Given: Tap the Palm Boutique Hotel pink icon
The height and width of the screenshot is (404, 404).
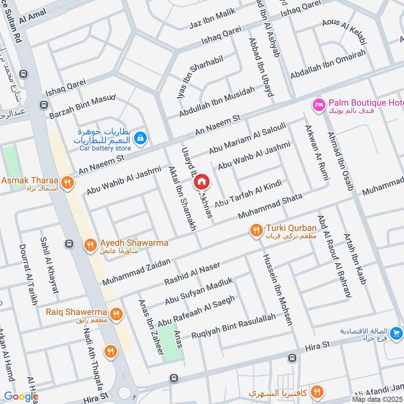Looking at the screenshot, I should click(x=319, y=105).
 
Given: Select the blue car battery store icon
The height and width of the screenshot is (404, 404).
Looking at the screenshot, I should click(x=141, y=137).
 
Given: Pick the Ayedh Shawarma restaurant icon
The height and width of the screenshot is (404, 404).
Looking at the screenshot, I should click(x=90, y=245).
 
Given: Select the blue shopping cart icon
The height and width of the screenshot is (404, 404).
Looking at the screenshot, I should click(x=396, y=333).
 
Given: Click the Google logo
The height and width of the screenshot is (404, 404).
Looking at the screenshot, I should click(x=21, y=396).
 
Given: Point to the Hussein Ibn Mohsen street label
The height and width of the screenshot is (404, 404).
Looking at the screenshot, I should click(x=277, y=288).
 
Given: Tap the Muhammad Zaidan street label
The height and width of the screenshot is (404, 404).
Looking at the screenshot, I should click(x=137, y=270).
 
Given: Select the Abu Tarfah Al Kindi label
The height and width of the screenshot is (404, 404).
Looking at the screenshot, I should click(x=247, y=193).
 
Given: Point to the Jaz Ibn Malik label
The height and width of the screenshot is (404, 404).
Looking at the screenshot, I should click(x=213, y=19).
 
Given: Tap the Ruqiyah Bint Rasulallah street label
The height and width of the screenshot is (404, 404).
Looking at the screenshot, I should click(x=234, y=326).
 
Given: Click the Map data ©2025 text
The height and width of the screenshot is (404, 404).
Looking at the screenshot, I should click(x=376, y=399).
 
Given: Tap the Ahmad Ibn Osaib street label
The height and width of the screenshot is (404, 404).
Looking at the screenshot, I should click(x=339, y=160).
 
